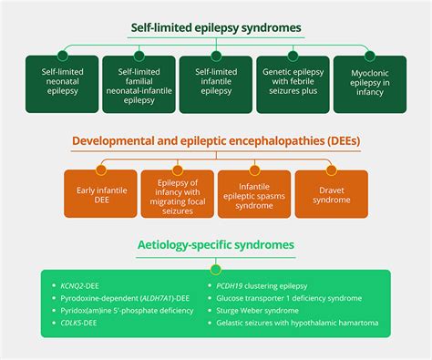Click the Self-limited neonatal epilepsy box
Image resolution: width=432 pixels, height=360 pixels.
pos(62,83)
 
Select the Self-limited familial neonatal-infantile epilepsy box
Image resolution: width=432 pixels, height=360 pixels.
pos(139,83)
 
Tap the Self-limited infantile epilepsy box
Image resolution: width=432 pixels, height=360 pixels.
pos(215,83)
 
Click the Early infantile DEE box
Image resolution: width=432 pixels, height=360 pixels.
pos(100,193)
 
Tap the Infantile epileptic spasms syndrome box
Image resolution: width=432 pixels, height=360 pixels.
pos(253,193)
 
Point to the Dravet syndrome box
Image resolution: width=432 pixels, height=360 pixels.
pos(330,193)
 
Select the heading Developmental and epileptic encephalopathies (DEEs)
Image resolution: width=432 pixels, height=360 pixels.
pos(215,142)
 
